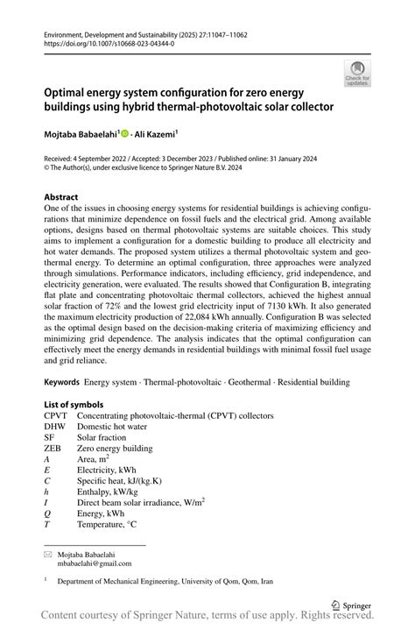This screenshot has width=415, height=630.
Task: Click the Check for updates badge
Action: (x=356, y=74)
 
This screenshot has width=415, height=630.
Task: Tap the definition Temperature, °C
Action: (x=119, y=525)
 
